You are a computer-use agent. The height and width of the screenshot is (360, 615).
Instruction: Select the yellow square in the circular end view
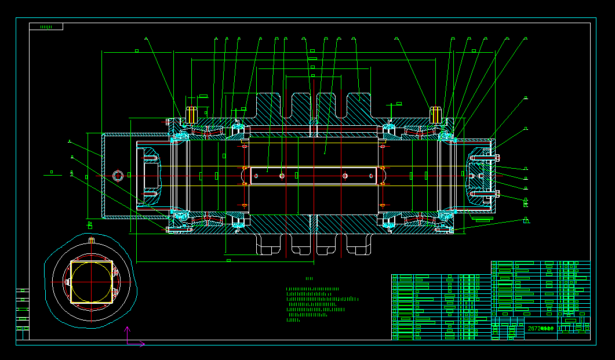[92, 282]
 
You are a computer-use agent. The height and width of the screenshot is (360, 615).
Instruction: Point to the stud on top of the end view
[92, 239]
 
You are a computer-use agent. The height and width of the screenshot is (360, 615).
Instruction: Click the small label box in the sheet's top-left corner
[46, 27]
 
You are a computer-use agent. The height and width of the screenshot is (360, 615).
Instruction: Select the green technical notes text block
[319, 303]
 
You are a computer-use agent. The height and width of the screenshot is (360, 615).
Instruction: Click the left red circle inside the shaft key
[281, 175]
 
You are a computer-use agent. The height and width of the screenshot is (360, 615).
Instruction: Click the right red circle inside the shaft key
[345, 175]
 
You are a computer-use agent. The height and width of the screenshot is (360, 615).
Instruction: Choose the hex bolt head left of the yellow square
[67, 282]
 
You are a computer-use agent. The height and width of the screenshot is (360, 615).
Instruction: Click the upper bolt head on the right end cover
[497, 157]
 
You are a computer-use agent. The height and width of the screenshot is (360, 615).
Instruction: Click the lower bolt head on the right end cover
[497, 194]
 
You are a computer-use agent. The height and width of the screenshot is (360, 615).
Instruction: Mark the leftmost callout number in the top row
[146, 39]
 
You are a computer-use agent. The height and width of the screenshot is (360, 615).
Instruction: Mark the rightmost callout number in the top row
[526, 39]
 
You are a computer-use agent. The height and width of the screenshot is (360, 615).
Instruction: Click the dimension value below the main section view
[228, 261]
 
